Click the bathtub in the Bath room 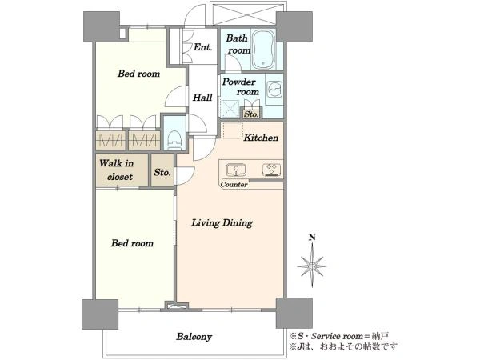click(263, 50)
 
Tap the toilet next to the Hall click(174, 140)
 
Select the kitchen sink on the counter click(236, 170)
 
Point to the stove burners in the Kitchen click(271, 170)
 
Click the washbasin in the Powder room click(274, 89)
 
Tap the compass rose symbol click(312, 266)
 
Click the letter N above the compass click(312, 237)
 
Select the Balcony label click(194, 337)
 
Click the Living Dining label click(222, 223)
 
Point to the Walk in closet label click(116, 170)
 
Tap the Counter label click(234, 185)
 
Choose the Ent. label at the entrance click(202, 47)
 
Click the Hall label click(202, 98)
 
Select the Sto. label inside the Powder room click(251, 114)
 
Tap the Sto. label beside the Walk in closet click(162, 172)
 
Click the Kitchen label click(261, 138)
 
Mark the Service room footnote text click(339, 336)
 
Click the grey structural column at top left click(102, 27)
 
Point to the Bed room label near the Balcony click(132, 243)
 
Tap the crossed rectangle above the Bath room click(247, 14)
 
